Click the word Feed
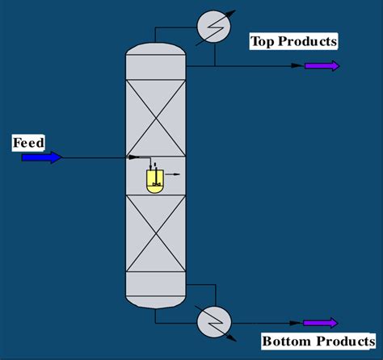click(x=28, y=143)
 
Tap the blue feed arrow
click(x=41, y=157)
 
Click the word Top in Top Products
click(x=262, y=41)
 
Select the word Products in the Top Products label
click(x=306, y=41)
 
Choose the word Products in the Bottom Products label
click(x=340, y=341)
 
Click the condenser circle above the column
click(x=213, y=27)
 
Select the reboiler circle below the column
click(x=213, y=322)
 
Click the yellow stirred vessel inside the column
click(x=155, y=180)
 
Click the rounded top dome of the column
click(x=155, y=55)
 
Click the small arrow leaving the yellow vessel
click(x=172, y=174)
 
